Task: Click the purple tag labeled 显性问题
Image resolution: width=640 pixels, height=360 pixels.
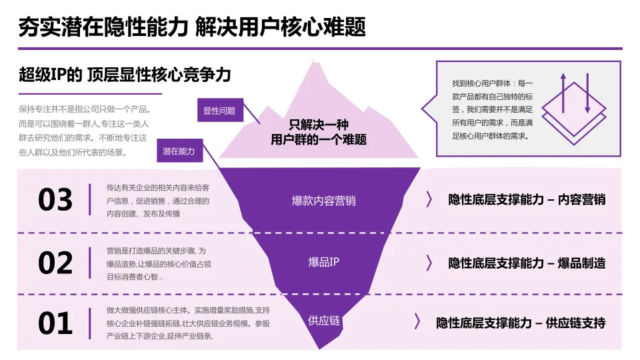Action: click(x=219, y=111)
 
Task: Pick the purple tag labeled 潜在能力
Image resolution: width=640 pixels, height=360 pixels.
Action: click(x=179, y=151)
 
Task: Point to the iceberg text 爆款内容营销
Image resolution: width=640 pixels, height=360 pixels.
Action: click(x=323, y=200)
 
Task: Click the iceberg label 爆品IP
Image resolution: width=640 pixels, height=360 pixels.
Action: click(x=323, y=262)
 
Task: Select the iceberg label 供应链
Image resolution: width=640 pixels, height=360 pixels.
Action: click(x=324, y=321)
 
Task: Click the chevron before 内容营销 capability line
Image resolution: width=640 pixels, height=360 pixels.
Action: click(x=429, y=199)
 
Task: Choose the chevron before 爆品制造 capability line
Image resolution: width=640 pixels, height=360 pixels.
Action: click(x=429, y=263)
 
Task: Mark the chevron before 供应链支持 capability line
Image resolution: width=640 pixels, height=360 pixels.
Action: click(x=417, y=323)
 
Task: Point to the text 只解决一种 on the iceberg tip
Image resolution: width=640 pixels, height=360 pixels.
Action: click(x=319, y=125)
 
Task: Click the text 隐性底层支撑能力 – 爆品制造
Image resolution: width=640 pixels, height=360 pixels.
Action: click(x=527, y=263)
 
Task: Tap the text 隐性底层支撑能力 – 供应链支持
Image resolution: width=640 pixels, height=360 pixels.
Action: click(x=521, y=323)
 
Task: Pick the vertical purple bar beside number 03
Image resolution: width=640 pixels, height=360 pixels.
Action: click(x=90, y=200)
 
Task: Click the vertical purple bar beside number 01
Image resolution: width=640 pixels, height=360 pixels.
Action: click(x=90, y=324)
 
